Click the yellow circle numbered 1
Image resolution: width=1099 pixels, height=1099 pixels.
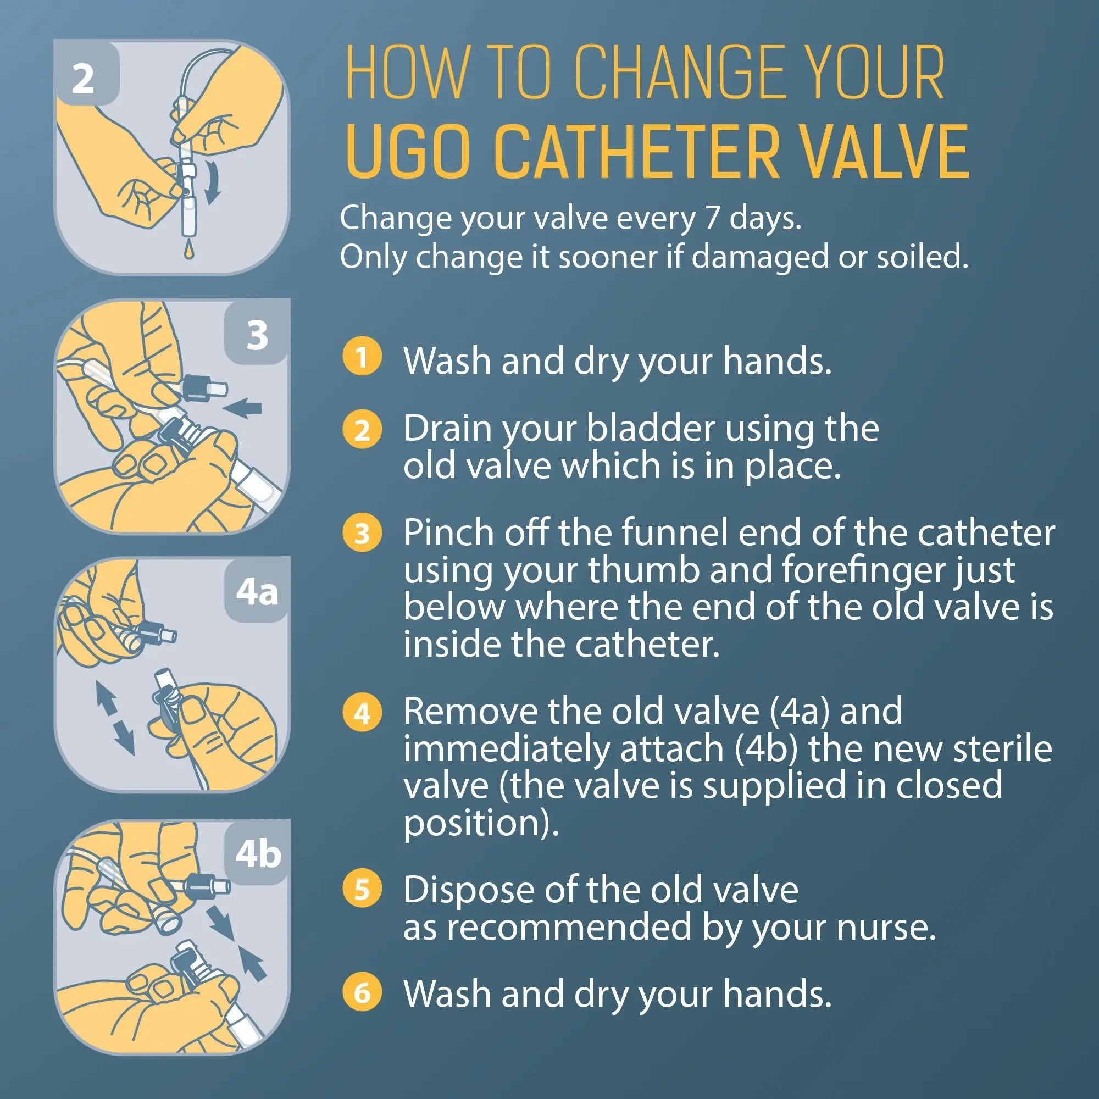[362, 357]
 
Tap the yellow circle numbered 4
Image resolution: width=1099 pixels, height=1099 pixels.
[362, 713]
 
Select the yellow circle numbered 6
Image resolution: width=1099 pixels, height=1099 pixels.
[362, 993]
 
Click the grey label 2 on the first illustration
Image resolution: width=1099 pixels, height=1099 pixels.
[83, 79]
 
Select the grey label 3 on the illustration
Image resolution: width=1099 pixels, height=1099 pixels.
[257, 335]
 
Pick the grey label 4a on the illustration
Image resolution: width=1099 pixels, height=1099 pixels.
[257, 593]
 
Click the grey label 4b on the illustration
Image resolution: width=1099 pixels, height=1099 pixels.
[258, 854]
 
